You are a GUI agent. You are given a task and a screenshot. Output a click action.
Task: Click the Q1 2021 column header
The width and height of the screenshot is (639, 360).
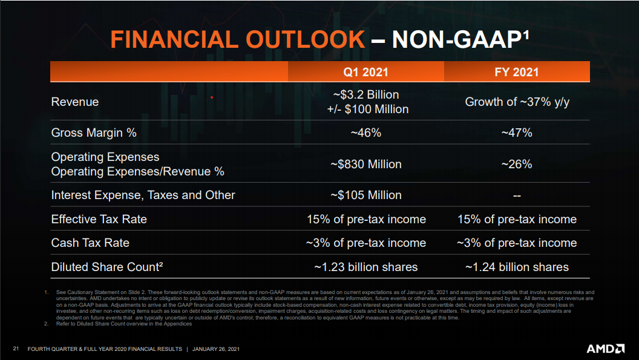pyautogui.click(x=365, y=73)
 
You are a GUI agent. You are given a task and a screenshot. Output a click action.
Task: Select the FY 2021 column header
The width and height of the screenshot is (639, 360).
pyautogui.click(x=517, y=73)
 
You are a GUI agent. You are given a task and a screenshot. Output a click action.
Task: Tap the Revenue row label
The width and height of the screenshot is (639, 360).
pyautogui.click(x=75, y=102)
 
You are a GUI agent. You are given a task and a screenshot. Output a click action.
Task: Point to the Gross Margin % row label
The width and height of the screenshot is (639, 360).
pyautogui.click(x=94, y=133)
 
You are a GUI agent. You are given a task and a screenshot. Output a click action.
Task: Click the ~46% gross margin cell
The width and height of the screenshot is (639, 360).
pyautogui.click(x=366, y=133)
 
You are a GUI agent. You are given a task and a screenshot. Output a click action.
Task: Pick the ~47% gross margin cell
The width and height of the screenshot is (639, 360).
pyautogui.click(x=517, y=133)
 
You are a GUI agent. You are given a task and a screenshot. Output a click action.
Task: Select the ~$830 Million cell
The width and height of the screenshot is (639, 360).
pyautogui.click(x=366, y=164)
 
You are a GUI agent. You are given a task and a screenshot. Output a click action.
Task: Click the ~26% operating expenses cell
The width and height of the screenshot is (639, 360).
pyautogui.click(x=517, y=164)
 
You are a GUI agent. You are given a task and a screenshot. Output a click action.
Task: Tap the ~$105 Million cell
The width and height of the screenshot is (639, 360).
pyautogui.click(x=366, y=195)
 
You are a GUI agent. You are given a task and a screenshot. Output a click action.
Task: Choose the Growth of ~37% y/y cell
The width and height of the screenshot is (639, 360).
pyautogui.click(x=517, y=102)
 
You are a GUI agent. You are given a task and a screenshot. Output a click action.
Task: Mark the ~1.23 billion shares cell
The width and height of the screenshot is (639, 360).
pyautogui.click(x=366, y=267)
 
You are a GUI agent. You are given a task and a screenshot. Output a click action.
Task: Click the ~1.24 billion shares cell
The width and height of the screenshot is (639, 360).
pyautogui.click(x=517, y=267)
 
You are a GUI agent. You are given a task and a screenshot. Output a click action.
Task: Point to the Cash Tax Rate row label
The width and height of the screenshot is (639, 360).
pyautogui.click(x=90, y=243)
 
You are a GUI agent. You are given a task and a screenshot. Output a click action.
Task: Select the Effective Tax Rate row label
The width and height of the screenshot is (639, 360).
pyautogui.click(x=99, y=219)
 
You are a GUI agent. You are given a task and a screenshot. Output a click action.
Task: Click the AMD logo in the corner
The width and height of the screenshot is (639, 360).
pyautogui.click(x=605, y=349)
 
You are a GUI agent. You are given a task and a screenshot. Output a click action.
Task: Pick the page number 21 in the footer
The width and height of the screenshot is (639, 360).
pyautogui.click(x=16, y=349)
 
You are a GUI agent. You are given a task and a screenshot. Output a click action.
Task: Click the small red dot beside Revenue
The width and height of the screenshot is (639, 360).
pyautogui.click(x=212, y=96)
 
